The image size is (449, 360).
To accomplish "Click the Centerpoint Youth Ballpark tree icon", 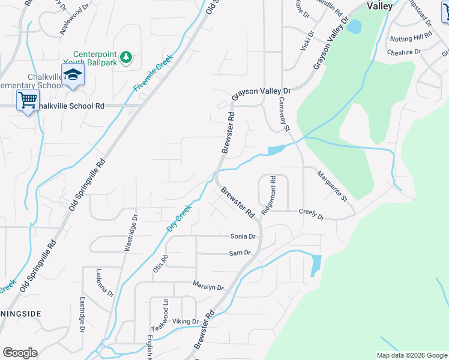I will [x=125, y=57].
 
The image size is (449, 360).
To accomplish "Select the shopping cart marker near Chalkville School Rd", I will [x=28, y=100].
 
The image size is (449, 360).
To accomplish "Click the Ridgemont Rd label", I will [x=268, y=196].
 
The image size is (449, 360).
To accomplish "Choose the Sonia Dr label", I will [x=243, y=236].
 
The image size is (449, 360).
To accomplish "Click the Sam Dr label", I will [x=240, y=253].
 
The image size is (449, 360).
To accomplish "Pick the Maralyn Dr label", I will [x=208, y=285].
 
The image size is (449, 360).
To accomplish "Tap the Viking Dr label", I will [x=185, y=322].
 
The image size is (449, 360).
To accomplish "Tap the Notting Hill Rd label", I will [x=411, y=38].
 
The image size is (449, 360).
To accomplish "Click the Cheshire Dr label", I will [x=405, y=52].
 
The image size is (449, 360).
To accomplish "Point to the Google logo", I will [x=20, y=352].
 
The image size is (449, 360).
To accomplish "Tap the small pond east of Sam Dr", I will [x=316, y=265].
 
